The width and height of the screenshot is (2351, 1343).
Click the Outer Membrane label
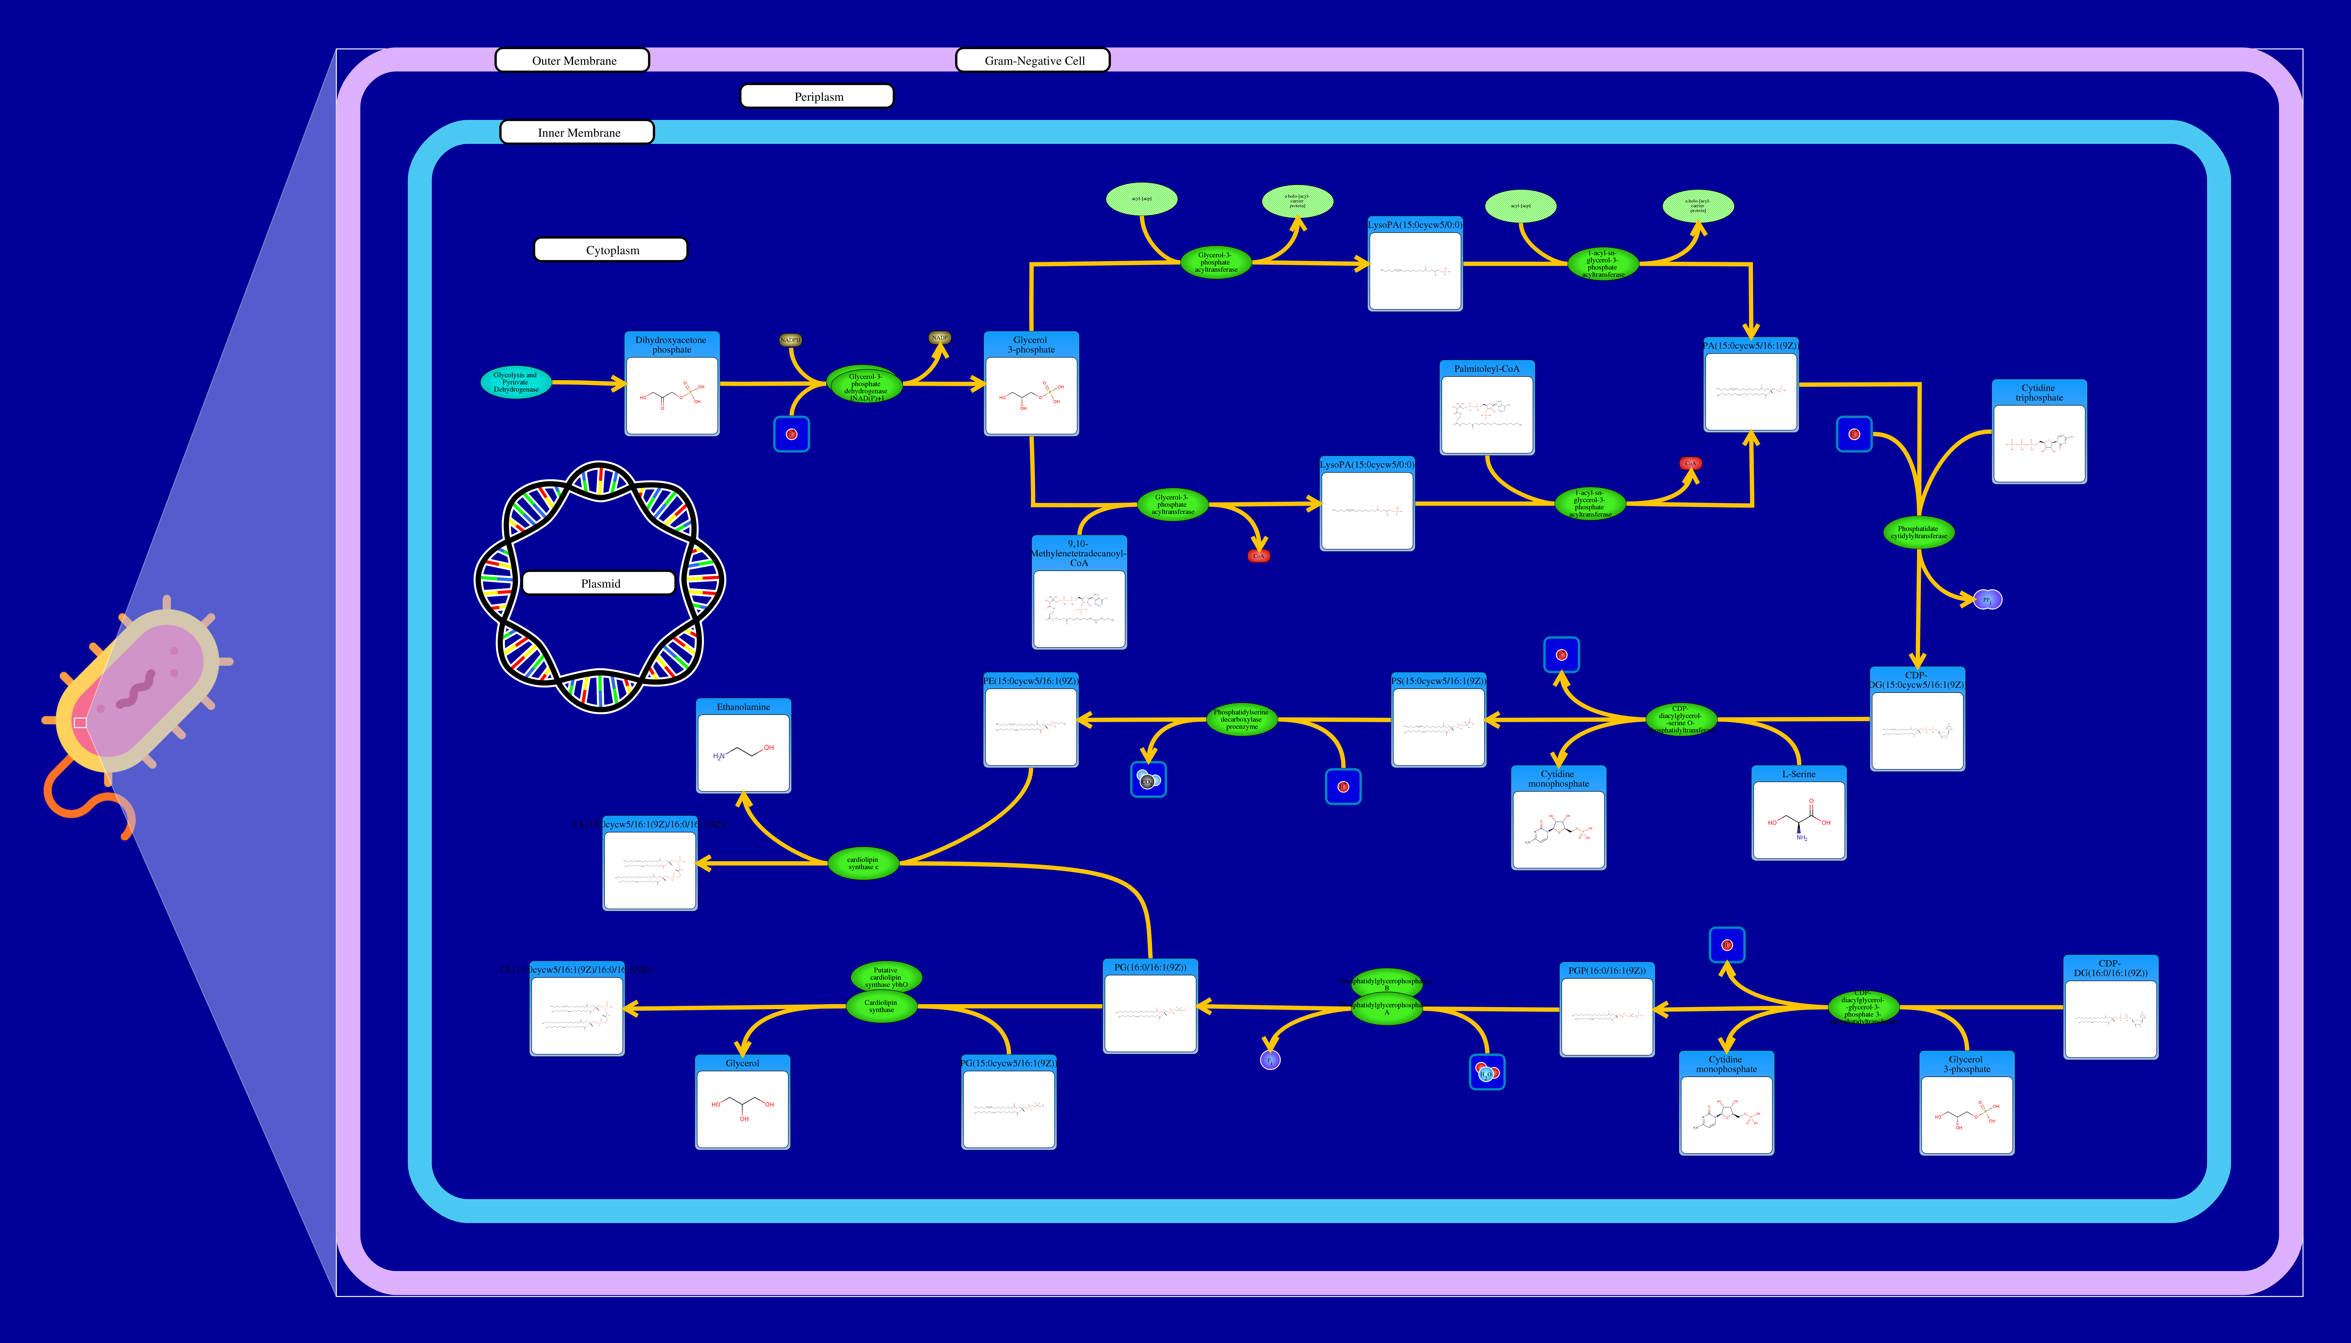click(x=573, y=61)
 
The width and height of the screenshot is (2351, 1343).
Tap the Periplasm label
click(x=818, y=97)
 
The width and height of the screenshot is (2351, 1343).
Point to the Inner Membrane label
click(x=578, y=133)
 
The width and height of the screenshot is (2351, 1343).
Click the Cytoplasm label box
click(x=611, y=250)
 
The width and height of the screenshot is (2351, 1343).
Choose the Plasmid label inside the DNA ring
click(x=600, y=583)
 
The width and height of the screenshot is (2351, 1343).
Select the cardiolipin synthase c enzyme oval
click(x=863, y=863)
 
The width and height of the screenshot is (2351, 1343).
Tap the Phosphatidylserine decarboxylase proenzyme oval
click(x=1241, y=719)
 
